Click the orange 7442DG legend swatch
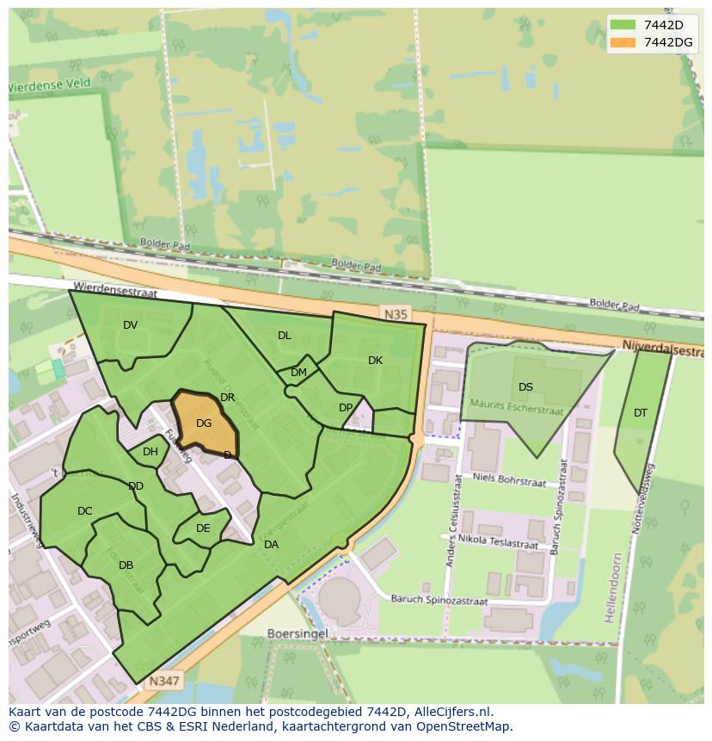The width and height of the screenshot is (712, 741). point(624,42)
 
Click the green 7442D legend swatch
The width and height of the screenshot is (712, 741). point(624,25)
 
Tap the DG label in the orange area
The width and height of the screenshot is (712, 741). point(204,423)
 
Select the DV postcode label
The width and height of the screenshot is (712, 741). point(130,325)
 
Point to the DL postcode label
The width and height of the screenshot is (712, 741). point(285,336)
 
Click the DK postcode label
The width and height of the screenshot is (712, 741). point(375,361)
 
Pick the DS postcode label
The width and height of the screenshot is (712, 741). point(525,387)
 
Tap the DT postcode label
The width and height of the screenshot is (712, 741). point(641,413)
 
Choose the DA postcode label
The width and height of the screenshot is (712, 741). point(271,545)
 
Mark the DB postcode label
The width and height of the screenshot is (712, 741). point(126,565)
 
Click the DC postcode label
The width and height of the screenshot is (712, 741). point(84,511)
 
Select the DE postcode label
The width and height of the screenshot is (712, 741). point(203,528)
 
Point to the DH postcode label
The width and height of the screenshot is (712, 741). point(150,452)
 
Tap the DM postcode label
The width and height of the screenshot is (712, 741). point(298,373)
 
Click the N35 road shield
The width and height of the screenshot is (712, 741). point(396,315)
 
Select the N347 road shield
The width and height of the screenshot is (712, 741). point(163,681)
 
